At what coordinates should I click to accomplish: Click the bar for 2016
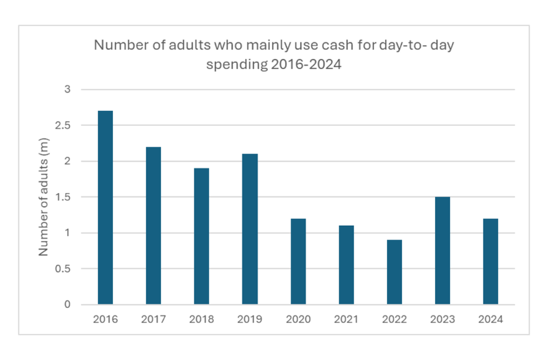105,207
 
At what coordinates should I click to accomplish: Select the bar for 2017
153,225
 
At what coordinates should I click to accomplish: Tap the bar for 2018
201,236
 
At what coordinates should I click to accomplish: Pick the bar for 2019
250,229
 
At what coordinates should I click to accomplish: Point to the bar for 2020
298,261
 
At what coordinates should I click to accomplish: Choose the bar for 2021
346,265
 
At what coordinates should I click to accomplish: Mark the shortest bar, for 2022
395,272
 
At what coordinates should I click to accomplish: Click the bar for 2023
443,250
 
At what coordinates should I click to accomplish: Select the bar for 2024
490,261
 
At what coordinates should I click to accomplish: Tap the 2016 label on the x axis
105,319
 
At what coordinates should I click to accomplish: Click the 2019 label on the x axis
250,319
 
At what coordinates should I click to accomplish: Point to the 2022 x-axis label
395,319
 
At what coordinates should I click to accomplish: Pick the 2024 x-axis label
490,319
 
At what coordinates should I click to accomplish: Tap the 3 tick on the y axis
67,90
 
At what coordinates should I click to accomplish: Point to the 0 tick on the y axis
67,305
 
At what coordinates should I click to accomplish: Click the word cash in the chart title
306,46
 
